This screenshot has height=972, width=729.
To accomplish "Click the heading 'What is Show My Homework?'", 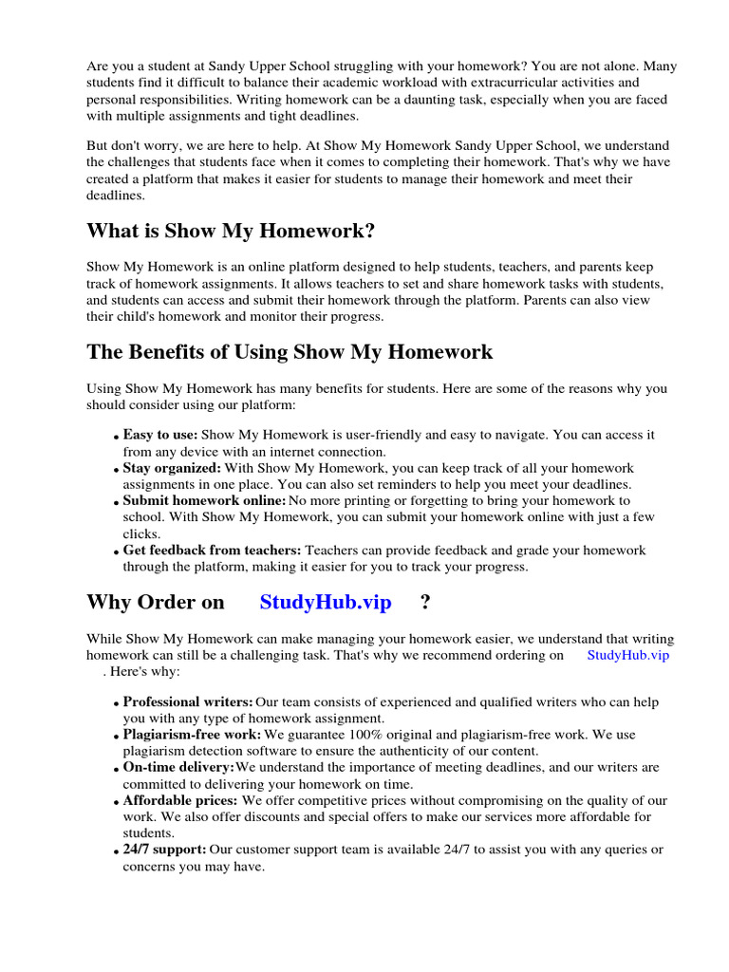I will coord(231,232).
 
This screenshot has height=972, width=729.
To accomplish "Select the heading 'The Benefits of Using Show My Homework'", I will coord(290,352).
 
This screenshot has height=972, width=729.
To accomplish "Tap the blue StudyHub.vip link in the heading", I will coord(326,602).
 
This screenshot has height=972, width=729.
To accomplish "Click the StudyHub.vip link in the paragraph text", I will coord(628,655).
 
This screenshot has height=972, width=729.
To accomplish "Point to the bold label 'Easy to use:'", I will coord(160,435).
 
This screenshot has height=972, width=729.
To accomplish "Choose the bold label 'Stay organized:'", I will coord(172,468).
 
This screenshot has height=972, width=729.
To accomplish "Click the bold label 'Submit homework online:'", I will coord(204,500).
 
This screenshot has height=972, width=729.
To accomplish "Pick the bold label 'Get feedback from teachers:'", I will coord(212,550).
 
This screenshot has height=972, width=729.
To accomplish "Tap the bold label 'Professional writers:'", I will coord(188,702).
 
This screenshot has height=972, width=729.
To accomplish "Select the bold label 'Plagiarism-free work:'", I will coord(192,735).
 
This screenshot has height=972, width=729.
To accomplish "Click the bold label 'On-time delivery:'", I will coord(178,767).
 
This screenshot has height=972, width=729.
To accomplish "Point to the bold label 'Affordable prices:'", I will coord(180,800).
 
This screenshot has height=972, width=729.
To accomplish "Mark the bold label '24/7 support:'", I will coord(164,849).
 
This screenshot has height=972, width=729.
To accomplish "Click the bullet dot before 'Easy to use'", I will coord(116,437).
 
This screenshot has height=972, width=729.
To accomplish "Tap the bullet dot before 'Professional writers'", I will coord(116,704).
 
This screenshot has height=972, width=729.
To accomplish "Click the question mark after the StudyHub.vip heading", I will coord(424,602).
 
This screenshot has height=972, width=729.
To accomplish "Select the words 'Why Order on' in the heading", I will coord(156,602).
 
